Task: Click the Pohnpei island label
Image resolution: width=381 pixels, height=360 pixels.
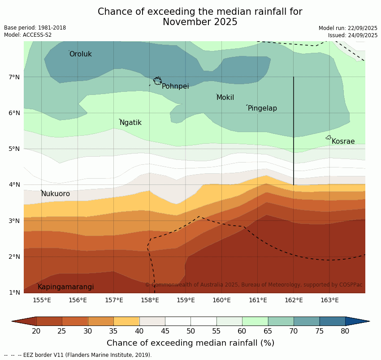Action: [x=175, y=86]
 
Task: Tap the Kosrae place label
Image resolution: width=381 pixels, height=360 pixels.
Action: [x=343, y=141]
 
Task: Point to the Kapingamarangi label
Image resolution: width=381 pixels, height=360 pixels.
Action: [x=65, y=287]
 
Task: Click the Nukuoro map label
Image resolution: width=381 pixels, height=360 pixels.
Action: [x=56, y=194]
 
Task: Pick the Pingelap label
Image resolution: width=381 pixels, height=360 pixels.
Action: [x=262, y=108]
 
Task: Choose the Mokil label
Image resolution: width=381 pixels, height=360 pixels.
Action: [x=225, y=98]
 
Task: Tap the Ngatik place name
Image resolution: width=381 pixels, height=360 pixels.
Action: [x=130, y=123]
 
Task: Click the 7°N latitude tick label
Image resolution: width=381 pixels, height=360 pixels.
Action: [x=14, y=77]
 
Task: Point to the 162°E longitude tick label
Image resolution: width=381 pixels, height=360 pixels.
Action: [x=294, y=300]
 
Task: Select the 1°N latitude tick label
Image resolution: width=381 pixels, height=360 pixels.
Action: [x=14, y=293]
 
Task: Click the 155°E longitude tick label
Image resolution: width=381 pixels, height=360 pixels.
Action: [x=42, y=300]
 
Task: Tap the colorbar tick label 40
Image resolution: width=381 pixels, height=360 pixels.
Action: [x=139, y=331]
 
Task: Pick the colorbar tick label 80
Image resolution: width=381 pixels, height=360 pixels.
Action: [x=345, y=331]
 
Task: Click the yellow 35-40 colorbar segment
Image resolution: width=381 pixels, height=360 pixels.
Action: [x=126, y=321]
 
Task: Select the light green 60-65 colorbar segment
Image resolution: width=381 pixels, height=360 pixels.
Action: [x=255, y=321]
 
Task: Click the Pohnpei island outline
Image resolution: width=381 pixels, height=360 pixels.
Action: [x=157, y=81]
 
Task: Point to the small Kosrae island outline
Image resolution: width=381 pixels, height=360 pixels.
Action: [x=329, y=137]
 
